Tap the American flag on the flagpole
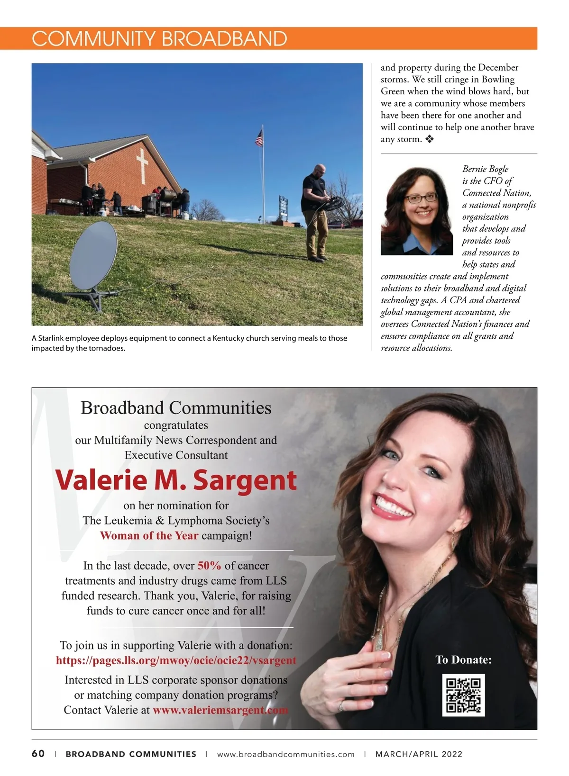[259, 138]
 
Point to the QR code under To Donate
[463, 695]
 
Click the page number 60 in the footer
[38, 754]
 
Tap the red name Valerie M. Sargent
[176, 480]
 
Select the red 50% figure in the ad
[209, 566]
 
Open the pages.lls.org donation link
[176, 660]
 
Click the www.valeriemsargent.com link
[220, 710]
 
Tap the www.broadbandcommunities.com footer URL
[285, 754]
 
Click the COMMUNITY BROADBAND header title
[159, 38]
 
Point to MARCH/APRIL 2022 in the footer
[419, 754]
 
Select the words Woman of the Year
[149, 536]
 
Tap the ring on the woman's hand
[340, 706]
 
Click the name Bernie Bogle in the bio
[485, 169]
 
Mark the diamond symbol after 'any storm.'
[430, 139]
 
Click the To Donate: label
[463, 660]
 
